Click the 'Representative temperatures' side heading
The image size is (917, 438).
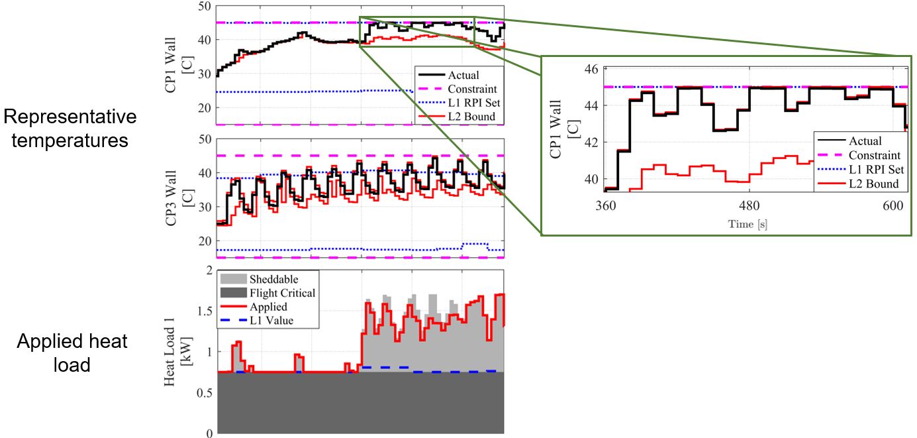click(70, 129)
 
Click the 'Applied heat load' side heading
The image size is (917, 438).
click(72, 353)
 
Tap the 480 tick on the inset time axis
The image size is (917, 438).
click(749, 205)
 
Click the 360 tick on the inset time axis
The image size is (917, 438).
click(605, 205)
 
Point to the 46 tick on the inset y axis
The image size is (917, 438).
click(591, 69)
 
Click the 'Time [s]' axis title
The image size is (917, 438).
click(748, 224)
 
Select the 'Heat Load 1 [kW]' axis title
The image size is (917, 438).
click(177, 352)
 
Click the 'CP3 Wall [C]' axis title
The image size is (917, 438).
click(177, 198)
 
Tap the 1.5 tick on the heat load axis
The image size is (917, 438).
click(205, 311)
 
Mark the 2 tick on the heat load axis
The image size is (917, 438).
click(210, 271)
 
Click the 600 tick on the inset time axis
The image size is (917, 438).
click(893, 205)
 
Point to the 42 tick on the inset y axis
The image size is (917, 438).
click(591, 142)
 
